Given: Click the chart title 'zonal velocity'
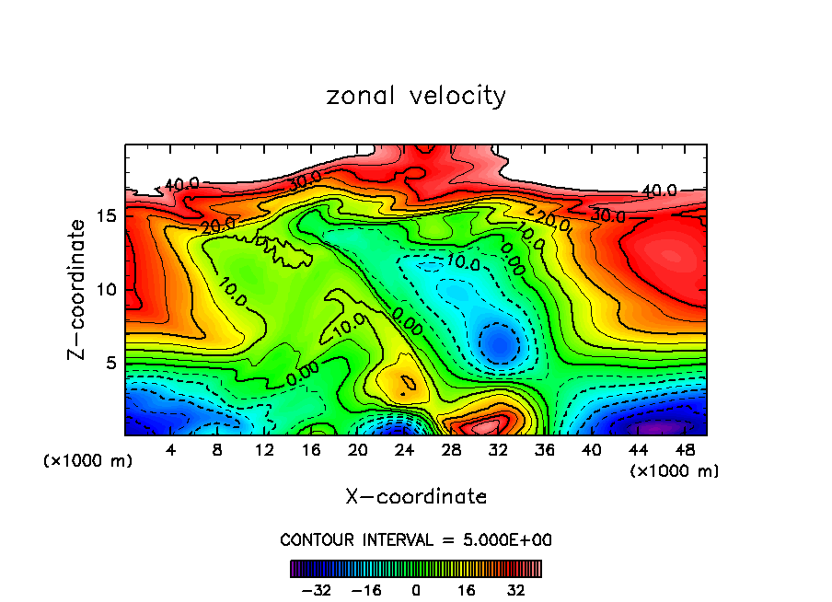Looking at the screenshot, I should (416, 96).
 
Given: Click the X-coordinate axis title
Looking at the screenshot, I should (416, 497).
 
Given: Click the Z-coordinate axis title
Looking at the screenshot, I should (77, 289).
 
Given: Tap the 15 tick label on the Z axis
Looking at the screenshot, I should (106, 215).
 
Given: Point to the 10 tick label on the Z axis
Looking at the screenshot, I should (106, 289).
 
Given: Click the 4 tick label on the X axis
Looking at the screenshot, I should (171, 450).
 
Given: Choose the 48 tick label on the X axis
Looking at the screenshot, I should (685, 450).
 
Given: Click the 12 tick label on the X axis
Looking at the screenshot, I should (264, 450).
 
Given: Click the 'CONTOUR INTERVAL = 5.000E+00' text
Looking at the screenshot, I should (416, 539).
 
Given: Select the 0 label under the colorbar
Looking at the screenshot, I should (416, 589).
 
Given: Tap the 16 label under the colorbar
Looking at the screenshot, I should (467, 589).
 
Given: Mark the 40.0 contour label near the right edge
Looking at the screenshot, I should (659, 191).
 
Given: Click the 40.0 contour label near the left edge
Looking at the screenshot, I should (180, 184).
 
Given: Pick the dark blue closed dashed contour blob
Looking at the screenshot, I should (499, 343).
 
